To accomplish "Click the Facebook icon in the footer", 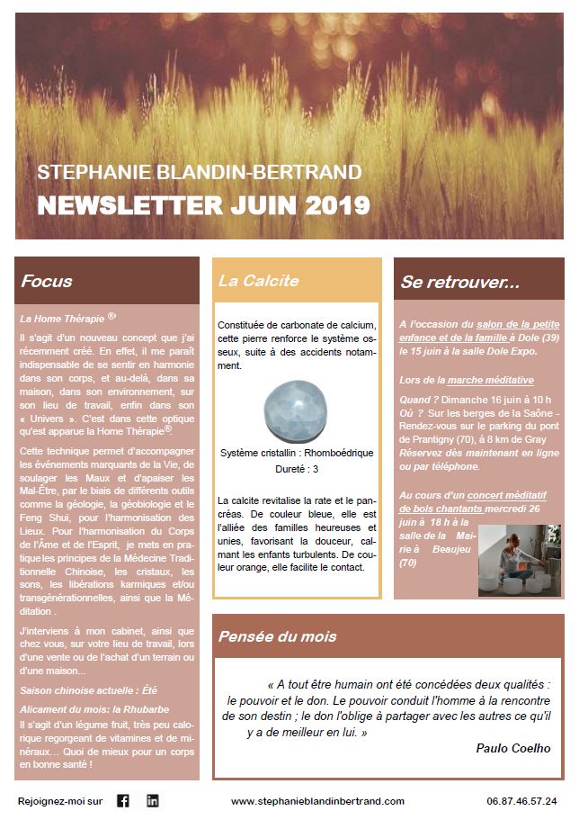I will [123, 800].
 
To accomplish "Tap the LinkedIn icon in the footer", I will [153, 800].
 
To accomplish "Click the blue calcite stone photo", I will [297, 410].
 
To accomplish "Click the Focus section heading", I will [47, 281].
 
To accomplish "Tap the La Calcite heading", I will [258, 281].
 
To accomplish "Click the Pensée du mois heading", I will [277, 636].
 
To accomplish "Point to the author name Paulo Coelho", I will [513, 748].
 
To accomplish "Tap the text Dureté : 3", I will [296, 469].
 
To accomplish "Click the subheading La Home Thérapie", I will [62, 319].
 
